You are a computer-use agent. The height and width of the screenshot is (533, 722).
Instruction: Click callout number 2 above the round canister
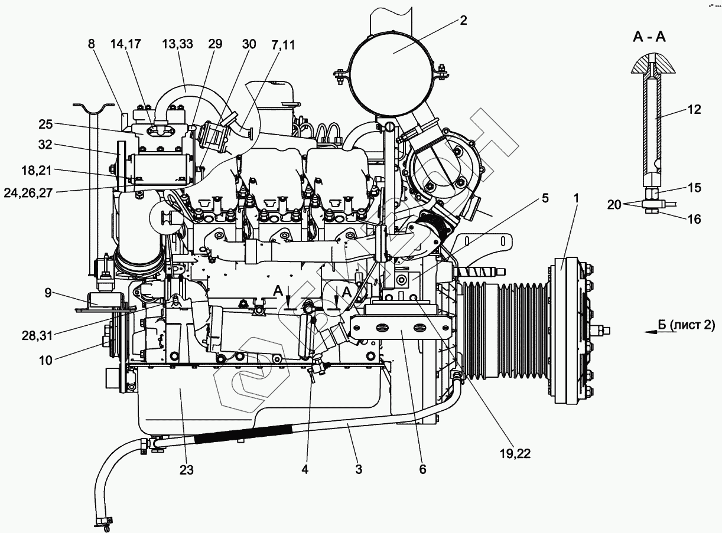coord(463,21)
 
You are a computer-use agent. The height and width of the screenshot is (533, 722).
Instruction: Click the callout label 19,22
coord(513,453)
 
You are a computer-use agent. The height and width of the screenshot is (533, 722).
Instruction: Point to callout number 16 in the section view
coord(694,219)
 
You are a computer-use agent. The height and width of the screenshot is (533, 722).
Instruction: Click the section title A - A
coord(649,37)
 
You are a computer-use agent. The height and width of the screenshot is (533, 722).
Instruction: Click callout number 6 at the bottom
coord(422,470)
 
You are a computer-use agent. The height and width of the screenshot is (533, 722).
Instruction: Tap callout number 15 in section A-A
coord(694,188)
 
